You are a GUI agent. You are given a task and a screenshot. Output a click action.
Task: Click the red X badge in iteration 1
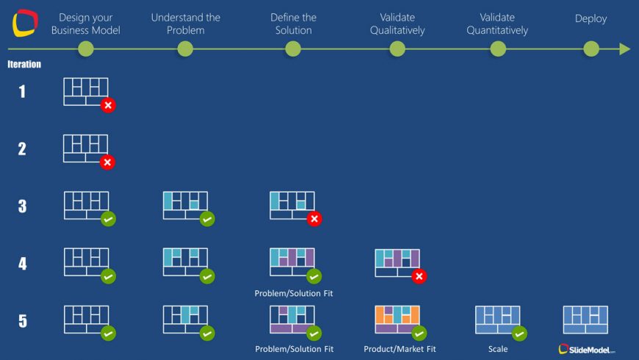108,105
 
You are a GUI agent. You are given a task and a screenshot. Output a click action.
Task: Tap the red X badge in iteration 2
107,162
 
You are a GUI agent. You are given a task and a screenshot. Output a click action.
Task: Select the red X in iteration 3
314,219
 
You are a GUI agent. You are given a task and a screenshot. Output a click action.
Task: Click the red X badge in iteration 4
419,276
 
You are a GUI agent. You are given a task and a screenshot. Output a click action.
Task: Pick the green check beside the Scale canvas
519,334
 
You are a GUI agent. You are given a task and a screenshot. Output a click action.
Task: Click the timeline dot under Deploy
591,49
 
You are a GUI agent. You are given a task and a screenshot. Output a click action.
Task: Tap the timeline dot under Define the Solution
293,49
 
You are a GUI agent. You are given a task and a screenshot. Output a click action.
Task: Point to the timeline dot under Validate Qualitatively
397,49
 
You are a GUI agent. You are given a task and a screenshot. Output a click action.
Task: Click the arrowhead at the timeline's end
625,49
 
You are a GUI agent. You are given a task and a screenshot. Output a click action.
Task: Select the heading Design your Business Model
86,24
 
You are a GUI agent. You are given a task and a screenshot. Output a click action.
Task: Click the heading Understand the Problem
185,24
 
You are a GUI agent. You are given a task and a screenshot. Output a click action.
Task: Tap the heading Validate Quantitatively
497,24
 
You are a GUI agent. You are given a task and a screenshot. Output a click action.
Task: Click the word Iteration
24,64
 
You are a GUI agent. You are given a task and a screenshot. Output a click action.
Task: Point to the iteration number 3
23,206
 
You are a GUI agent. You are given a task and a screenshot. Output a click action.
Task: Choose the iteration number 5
23,321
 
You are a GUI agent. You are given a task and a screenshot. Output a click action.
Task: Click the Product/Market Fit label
400,349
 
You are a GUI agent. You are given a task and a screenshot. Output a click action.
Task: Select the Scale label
498,349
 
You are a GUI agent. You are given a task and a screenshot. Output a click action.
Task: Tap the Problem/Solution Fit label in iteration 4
293,293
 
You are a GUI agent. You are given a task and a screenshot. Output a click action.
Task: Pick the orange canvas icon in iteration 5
397,320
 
